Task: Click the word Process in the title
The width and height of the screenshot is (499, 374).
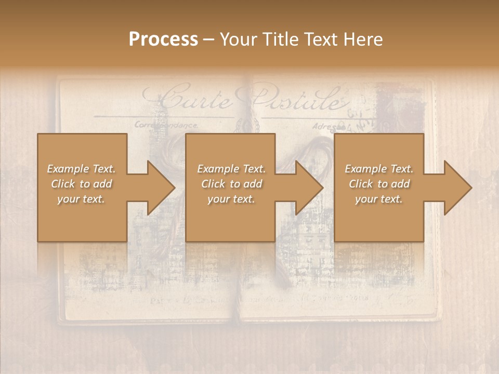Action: tap(163, 39)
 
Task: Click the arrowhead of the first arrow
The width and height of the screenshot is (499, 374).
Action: tap(161, 188)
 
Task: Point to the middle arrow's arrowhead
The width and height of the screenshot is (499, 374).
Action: tap(310, 188)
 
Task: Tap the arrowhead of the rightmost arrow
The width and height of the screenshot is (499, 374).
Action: tap(458, 188)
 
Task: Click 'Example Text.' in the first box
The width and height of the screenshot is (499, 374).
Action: tap(81, 169)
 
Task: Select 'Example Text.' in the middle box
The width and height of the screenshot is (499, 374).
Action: tap(231, 169)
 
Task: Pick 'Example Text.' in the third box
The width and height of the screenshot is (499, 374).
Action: tap(379, 169)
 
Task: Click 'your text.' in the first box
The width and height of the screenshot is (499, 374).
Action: tap(81, 199)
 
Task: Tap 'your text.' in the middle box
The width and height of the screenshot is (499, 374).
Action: tap(231, 199)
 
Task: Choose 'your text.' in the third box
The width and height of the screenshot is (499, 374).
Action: tap(379, 199)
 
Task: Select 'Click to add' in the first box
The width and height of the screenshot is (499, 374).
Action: tap(81, 184)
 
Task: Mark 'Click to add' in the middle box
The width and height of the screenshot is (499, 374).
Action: tap(231, 184)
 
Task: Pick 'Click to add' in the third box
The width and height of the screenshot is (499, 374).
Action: tap(379, 184)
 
